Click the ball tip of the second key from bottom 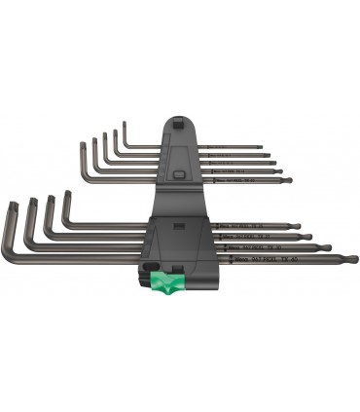326,247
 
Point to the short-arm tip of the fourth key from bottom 67,194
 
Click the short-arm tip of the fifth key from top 83,145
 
